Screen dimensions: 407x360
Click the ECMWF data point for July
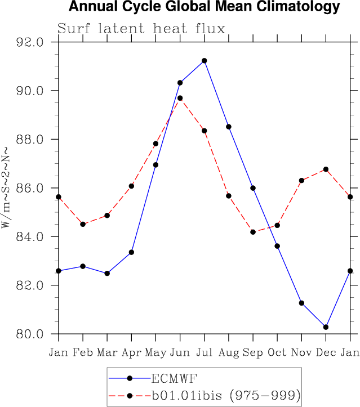(x=205, y=61)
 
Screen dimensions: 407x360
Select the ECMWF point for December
(x=326, y=327)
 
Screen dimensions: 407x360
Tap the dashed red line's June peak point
(x=180, y=98)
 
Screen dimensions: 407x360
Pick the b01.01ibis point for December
(x=326, y=169)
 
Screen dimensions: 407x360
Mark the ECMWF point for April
(x=132, y=252)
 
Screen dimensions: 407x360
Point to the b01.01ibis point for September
(x=253, y=232)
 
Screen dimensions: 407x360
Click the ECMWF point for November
(x=301, y=303)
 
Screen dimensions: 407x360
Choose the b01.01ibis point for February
(x=83, y=224)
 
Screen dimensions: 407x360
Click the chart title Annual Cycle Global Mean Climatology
(x=204, y=7)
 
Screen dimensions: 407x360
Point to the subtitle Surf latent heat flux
(x=141, y=29)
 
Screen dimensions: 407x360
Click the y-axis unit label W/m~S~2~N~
(x=7, y=188)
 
